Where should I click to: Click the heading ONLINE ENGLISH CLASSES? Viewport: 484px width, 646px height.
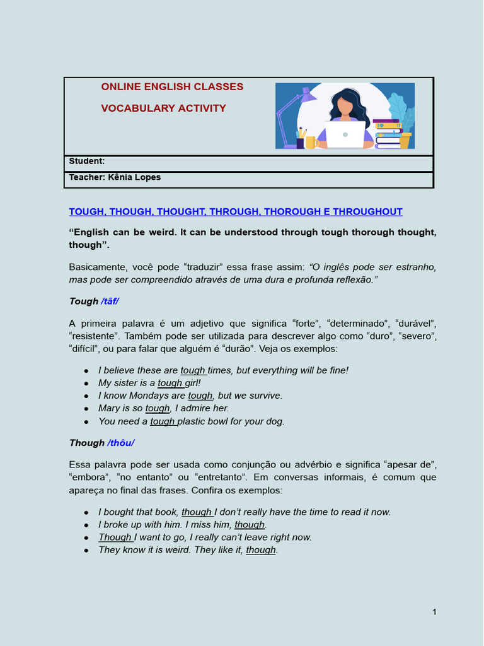pyautogui.click(x=172, y=87)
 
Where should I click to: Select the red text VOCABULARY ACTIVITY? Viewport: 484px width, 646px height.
pyautogui.click(x=163, y=109)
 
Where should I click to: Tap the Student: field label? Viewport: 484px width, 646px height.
pyautogui.click(x=87, y=161)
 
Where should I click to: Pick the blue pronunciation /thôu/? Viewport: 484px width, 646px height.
pyautogui.click(x=121, y=443)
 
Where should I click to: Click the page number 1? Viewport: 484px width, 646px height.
pyautogui.click(x=434, y=612)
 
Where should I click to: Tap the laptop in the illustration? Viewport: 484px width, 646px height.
pyautogui.click(x=345, y=134)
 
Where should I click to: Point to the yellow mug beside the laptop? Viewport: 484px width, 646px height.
pyautogui.click(x=310, y=143)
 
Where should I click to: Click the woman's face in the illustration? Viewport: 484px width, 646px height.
pyautogui.click(x=345, y=106)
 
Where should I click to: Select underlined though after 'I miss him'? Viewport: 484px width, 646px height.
pyautogui.click(x=250, y=525)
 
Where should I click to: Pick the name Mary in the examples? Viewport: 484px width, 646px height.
pyautogui.click(x=109, y=408)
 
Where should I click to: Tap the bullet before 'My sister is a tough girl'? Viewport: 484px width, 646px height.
pyautogui.click(x=86, y=384)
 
